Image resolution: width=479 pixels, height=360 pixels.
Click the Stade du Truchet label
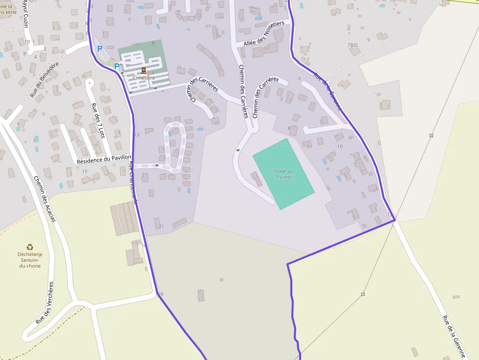click(283, 174)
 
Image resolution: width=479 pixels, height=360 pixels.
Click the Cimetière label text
click(144, 78)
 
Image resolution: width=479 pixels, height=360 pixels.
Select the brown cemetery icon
click(144, 70)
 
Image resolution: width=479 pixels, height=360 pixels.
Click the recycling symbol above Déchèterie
click(30, 247)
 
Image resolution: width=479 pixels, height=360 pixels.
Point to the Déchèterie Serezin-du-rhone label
click(30, 260)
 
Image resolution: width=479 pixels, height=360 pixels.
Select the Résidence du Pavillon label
click(104, 159)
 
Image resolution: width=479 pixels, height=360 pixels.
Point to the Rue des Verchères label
click(44, 303)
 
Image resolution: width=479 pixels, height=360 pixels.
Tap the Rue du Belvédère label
click(44, 79)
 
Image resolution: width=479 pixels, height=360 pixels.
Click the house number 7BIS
click(353, 45)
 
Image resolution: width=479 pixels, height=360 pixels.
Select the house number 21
click(161, 226)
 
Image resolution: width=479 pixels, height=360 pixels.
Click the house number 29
click(161, 294)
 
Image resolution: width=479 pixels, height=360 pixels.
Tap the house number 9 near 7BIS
click(368, 40)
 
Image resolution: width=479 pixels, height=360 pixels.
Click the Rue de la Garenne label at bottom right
click(454, 337)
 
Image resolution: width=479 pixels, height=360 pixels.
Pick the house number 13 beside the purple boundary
click(136, 135)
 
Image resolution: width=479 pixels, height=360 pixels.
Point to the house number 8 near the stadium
click(289, 129)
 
